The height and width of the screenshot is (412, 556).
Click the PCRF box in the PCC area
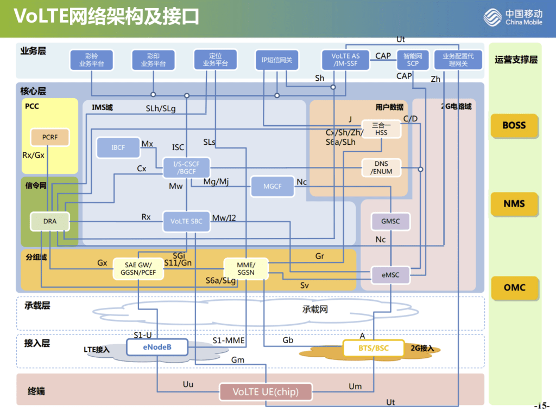(50, 138)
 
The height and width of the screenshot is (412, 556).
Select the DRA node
(50, 221)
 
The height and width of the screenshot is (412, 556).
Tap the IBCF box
(118, 147)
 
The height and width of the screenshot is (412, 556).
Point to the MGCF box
(273, 186)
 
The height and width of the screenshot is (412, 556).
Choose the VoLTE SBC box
(186, 221)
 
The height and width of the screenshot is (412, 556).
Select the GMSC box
(390, 221)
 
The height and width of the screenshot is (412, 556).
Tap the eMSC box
(390, 275)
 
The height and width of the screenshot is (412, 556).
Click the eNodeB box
(157, 347)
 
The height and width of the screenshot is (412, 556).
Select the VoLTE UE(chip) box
(266, 391)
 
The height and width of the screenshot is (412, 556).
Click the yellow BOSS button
(514, 125)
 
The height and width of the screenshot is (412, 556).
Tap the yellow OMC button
(514, 287)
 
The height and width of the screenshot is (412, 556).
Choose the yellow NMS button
(514, 204)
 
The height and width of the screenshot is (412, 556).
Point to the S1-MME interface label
(229, 340)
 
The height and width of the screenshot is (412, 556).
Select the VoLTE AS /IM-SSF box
(346, 60)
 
